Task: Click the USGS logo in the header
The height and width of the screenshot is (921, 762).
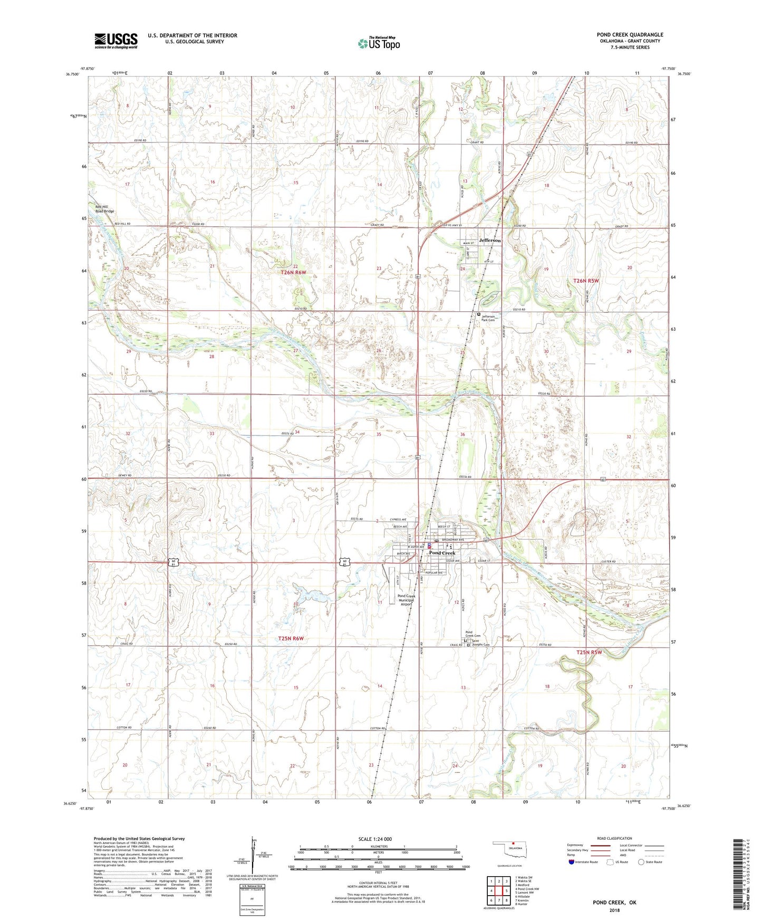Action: click(116, 41)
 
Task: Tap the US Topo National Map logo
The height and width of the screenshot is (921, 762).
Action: click(379, 43)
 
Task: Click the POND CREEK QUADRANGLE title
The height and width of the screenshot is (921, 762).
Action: click(630, 35)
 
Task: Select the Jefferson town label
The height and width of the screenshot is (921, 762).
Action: click(490, 241)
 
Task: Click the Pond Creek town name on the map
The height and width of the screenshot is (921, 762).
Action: click(442, 553)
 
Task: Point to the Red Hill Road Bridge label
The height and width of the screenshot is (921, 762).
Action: click(104, 209)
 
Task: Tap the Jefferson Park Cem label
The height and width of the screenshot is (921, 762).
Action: click(488, 318)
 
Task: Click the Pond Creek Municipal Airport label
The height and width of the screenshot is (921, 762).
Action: click(406, 600)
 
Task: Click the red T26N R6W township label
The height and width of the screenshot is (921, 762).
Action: click(293, 273)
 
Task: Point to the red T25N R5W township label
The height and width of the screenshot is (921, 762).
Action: click(589, 653)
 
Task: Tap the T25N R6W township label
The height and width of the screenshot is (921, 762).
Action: click(291, 638)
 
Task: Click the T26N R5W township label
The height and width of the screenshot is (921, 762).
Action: click(586, 281)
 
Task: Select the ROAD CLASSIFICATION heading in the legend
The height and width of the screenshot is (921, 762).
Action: click(614, 838)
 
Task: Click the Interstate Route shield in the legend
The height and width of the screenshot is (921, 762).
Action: click(572, 862)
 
